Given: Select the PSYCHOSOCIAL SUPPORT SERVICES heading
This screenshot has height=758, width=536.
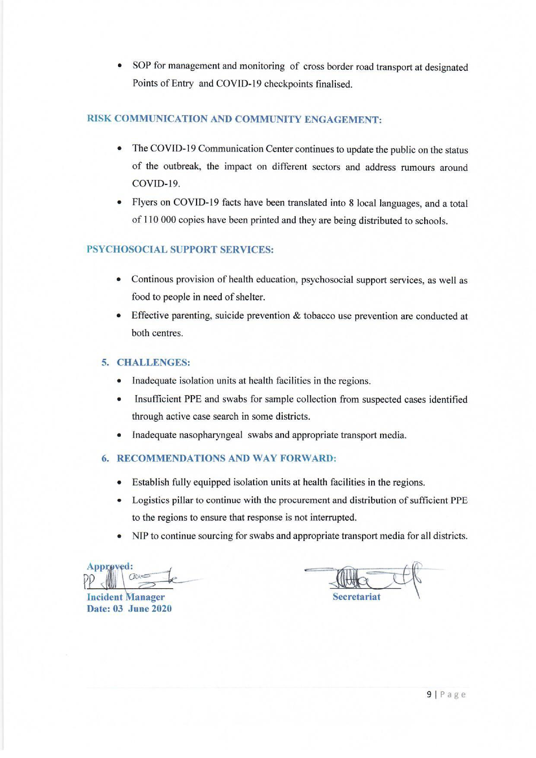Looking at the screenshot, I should (180, 249).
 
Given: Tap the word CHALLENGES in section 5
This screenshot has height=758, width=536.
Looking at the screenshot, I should (154, 363).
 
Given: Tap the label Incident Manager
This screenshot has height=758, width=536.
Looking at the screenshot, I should (126, 597).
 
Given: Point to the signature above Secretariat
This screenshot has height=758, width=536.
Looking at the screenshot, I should (366, 578).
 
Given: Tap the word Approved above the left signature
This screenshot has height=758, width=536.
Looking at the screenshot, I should (109, 567).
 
